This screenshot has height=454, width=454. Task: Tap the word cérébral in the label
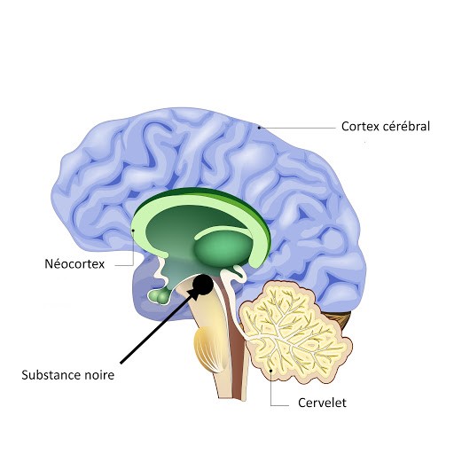click(406, 126)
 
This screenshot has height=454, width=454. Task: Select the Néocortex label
click(74, 264)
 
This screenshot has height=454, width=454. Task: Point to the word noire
click(99, 375)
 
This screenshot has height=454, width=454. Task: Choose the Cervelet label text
click(322, 403)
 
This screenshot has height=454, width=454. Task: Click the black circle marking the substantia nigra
click(203, 285)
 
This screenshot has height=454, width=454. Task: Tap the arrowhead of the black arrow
click(192, 294)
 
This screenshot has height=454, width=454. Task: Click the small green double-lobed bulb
click(160, 295)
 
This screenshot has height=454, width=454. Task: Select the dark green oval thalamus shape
click(223, 247)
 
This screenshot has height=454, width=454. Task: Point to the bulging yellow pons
click(207, 348)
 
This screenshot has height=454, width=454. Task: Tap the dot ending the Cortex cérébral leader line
click(259, 128)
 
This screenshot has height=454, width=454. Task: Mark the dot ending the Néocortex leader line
click(133, 231)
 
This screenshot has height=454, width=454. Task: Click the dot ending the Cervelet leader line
click(271, 370)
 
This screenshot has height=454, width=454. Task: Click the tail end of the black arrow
click(121, 363)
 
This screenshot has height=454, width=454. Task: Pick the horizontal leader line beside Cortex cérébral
click(298, 128)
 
